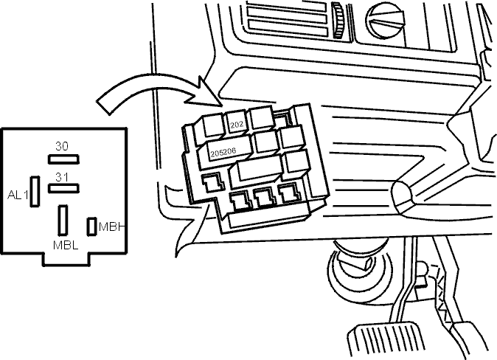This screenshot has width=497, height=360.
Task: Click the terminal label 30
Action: click(x=62, y=146)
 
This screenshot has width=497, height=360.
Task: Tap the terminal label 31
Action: click(x=62, y=177)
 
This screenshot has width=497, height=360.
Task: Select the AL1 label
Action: click(x=18, y=195)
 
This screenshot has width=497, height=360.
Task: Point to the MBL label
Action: click(x=66, y=245)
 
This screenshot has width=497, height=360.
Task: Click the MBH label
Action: click(x=111, y=226)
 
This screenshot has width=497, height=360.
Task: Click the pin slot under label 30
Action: click(x=63, y=159)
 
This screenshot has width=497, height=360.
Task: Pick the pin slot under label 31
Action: click(x=63, y=188)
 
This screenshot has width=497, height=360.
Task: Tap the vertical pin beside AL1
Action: click(x=35, y=192)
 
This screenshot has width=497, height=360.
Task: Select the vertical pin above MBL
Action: click(x=63, y=220)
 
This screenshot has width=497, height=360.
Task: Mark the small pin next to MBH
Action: click(x=91, y=226)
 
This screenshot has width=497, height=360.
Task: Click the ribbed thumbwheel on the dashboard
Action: click(x=338, y=20)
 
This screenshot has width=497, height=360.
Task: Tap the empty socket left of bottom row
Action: click(x=213, y=183)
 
